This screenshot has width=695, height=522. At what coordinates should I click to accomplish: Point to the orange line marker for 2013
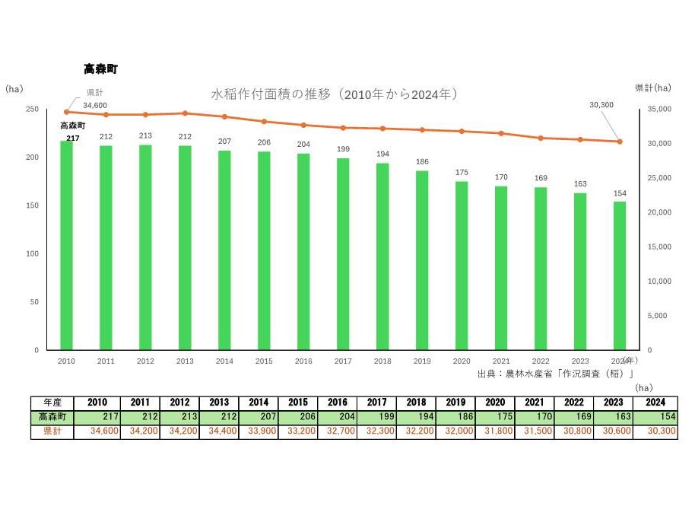coord(185,113)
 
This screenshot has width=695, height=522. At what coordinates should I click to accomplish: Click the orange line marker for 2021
coord(501,133)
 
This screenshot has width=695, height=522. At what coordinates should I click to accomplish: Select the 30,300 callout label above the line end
coord(601,104)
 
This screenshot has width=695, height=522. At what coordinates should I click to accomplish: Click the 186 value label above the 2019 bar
coord(422,162)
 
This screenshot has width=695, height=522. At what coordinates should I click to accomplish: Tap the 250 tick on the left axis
coord(32,110)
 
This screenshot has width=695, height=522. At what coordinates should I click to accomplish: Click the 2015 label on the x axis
coord(264,361)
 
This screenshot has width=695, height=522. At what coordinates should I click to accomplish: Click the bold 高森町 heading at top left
coord(100,69)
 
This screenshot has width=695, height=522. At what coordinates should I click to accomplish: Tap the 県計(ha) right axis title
coord(653,88)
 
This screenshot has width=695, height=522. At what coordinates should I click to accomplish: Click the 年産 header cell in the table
coord(52,403)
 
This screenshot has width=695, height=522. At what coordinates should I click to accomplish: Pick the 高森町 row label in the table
coord(52,417)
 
